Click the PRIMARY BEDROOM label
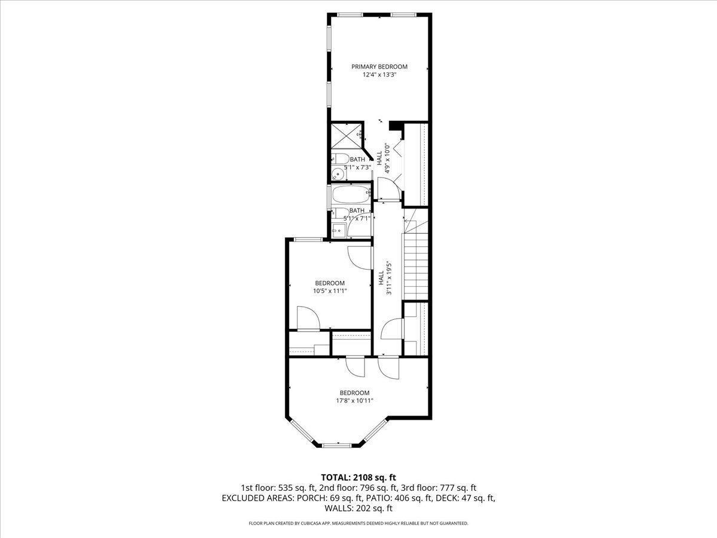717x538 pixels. coord(379,66)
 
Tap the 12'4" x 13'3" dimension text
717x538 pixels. coord(379,75)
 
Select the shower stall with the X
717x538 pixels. coord(346,136)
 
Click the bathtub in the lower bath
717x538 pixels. coord(351,194)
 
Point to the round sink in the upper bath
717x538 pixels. coord(337,175)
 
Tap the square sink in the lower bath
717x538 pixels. coord(338,230)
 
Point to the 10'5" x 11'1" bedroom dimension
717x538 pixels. coord(330,291)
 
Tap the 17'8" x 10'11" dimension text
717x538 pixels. coord(354,401)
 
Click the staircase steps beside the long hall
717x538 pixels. coord(416,266)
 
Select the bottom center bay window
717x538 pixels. coord(337,445)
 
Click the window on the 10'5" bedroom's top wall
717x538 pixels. coord(308,240)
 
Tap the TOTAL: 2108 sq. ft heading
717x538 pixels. coord(358,478)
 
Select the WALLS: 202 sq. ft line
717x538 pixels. coord(358,508)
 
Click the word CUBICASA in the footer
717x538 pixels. coord(311,523)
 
